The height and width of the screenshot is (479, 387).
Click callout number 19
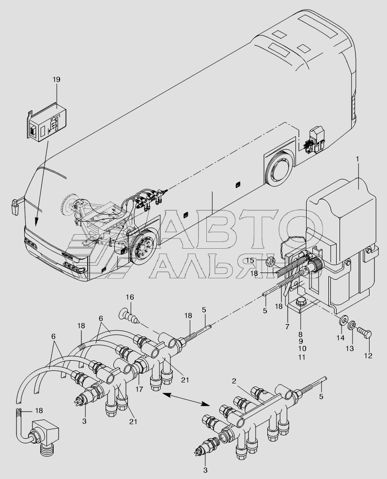(57, 79)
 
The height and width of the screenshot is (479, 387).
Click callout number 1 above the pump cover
(358, 160)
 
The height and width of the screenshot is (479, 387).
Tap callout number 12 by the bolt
(369, 355)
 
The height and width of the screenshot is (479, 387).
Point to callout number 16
(129, 297)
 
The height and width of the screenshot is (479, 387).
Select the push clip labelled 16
(131, 316)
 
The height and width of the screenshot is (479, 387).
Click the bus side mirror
(14, 206)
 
